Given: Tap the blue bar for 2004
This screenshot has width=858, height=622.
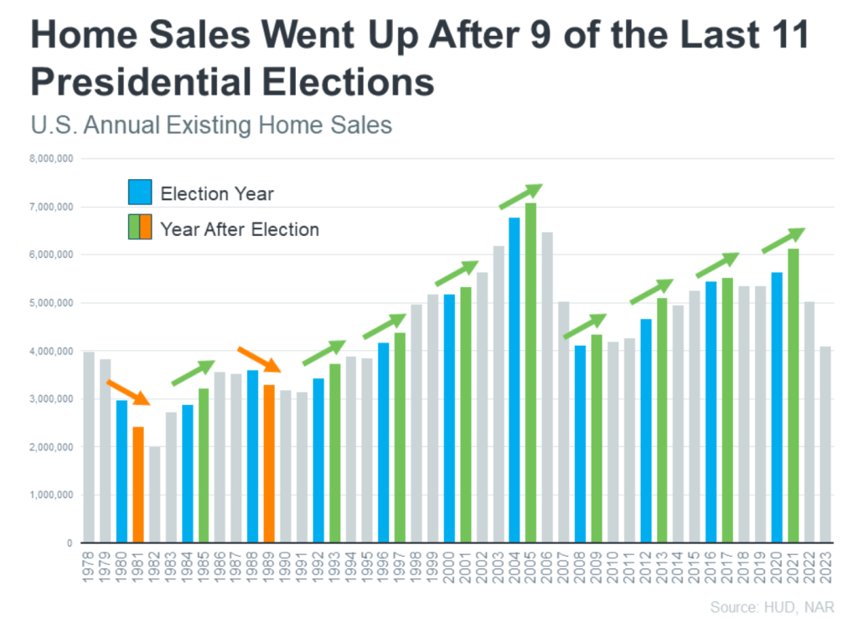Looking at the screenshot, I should point(514,380).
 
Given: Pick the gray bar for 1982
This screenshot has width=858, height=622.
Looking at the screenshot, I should point(154,495).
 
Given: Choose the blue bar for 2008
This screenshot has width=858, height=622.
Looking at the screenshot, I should point(580,444).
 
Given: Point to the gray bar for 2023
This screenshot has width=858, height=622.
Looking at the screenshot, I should point(826,445).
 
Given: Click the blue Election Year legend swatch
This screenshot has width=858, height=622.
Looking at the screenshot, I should point(140,193).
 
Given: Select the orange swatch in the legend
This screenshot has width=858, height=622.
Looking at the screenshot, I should point(146,228).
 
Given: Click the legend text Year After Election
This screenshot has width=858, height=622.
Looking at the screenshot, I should point(240,229).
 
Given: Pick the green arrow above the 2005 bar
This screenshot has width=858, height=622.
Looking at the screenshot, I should point(520,196).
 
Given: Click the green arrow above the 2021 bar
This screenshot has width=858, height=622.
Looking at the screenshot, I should point(783,240).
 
